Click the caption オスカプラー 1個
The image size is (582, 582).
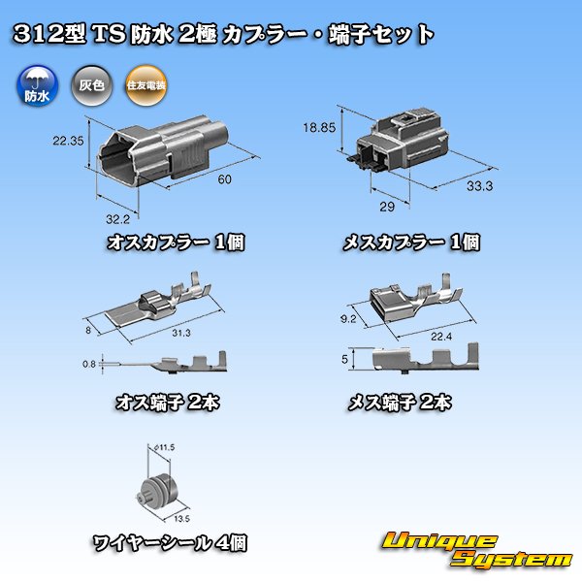[176, 242]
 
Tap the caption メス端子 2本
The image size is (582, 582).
[399, 402]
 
